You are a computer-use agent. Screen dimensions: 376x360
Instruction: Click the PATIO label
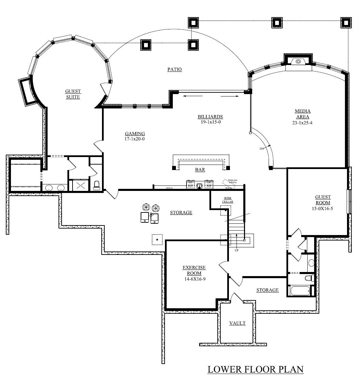(x=175, y=69)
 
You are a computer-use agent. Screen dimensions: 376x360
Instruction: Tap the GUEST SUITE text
(x=73, y=94)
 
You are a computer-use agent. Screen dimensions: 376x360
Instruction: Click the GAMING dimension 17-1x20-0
(x=135, y=139)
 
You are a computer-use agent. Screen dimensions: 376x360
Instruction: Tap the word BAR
(x=200, y=170)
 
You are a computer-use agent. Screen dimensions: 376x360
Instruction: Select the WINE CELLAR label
(x=228, y=200)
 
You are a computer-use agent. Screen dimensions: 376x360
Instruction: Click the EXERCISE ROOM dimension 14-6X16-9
(x=194, y=279)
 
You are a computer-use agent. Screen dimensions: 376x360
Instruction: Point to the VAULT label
(x=237, y=323)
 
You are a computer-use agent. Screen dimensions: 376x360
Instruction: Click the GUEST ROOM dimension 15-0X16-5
(x=323, y=208)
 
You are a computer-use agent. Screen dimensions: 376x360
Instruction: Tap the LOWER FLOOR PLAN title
(x=256, y=369)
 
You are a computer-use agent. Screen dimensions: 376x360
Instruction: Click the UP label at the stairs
(x=236, y=250)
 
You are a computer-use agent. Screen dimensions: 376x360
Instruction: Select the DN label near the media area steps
(x=262, y=148)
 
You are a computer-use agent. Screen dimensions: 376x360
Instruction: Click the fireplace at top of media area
(x=298, y=62)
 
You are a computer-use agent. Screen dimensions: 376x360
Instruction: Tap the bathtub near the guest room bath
(x=300, y=291)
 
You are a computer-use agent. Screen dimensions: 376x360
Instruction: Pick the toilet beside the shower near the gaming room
(x=97, y=185)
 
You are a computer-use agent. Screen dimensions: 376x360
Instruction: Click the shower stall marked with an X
(x=81, y=185)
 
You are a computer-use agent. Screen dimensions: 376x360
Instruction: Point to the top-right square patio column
(x=346, y=23)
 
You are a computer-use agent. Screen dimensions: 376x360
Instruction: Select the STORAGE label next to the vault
(x=267, y=290)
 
